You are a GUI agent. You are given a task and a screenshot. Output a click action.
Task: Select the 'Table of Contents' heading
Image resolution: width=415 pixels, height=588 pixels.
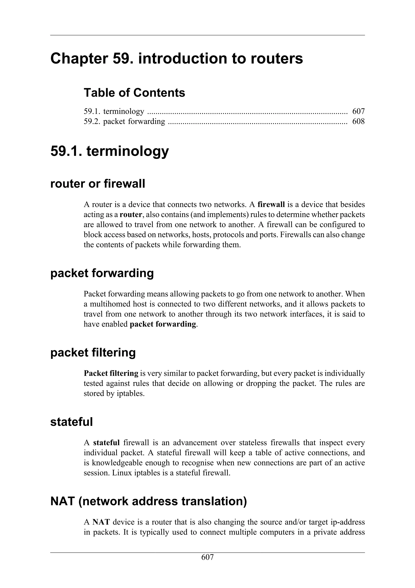[x=134, y=93]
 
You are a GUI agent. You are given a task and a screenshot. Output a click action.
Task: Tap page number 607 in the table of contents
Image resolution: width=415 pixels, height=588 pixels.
[x=358, y=111]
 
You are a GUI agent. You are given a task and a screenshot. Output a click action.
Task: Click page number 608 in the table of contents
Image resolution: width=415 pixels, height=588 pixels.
[x=358, y=121]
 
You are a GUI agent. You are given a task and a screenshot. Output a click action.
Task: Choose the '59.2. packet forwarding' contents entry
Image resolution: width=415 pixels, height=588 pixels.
[x=125, y=121]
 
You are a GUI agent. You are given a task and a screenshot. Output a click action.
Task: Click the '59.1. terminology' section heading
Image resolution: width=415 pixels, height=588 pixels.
[x=109, y=151]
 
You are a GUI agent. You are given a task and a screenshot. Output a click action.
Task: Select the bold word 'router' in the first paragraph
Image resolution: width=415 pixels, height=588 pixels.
[x=131, y=215]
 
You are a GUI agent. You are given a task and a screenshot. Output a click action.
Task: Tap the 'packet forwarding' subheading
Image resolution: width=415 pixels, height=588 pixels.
[x=102, y=273]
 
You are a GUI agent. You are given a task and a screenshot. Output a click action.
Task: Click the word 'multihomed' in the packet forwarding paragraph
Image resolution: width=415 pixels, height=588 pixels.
[x=109, y=304]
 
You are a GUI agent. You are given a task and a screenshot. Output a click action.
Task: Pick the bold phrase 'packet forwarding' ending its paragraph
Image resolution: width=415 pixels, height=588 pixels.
[x=163, y=324]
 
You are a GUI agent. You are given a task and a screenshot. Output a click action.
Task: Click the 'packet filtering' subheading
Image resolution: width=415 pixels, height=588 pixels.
[x=93, y=353]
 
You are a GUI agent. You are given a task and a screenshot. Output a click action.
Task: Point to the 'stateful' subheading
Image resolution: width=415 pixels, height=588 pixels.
[x=71, y=422]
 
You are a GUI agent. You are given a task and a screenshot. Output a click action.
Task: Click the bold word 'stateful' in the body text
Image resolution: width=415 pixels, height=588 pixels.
[x=106, y=443]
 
